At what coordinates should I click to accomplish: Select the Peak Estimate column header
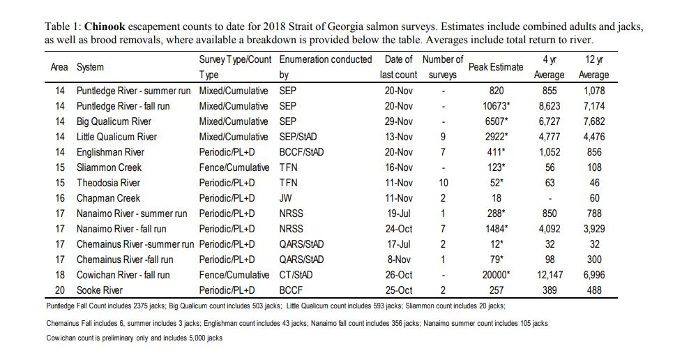click(x=496, y=67)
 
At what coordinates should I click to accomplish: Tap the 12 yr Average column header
click(x=593, y=67)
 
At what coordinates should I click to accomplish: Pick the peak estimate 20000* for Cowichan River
click(x=496, y=275)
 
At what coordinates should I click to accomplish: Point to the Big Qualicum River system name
click(x=114, y=121)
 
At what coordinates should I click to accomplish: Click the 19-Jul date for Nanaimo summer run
click(x=399, y=213)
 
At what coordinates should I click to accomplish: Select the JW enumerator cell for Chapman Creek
click(x=286, y=198)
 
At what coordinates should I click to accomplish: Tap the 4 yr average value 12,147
click(x=550, y=275)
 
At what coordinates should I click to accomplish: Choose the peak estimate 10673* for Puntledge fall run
click(x=496, y=106)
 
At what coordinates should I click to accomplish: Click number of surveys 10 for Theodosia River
click(x=443, y=183)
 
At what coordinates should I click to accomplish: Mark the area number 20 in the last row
click(x=60, y=290)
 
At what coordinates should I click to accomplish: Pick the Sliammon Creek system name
click(x=109, y=167)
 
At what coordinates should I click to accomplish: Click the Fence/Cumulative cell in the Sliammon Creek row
click(x=234, y=167)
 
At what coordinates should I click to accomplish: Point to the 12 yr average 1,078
click(x=594, y=91)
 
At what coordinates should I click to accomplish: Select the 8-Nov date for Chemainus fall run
click(x=399, y=260)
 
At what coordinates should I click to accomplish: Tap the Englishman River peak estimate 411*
click(x=496, y=152)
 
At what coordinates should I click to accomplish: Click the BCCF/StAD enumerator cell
click(x=301, y=152)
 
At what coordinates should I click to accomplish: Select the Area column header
click(x=59, y=67)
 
